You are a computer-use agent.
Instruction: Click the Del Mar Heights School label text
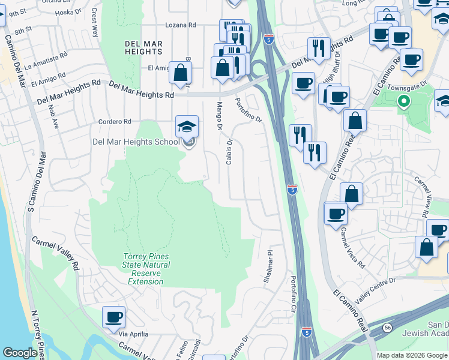pos(136,142)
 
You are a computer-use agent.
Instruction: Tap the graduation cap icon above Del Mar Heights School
pos(187,126)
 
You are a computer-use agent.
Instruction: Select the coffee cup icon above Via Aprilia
pos(113,317)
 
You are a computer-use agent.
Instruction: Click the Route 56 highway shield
pos(387,327)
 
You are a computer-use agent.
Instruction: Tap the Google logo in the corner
pos(20,353)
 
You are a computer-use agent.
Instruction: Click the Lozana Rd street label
pos(181,26)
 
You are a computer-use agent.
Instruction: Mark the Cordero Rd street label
pos(115,121)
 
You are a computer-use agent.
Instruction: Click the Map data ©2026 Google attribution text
pos(412,355)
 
